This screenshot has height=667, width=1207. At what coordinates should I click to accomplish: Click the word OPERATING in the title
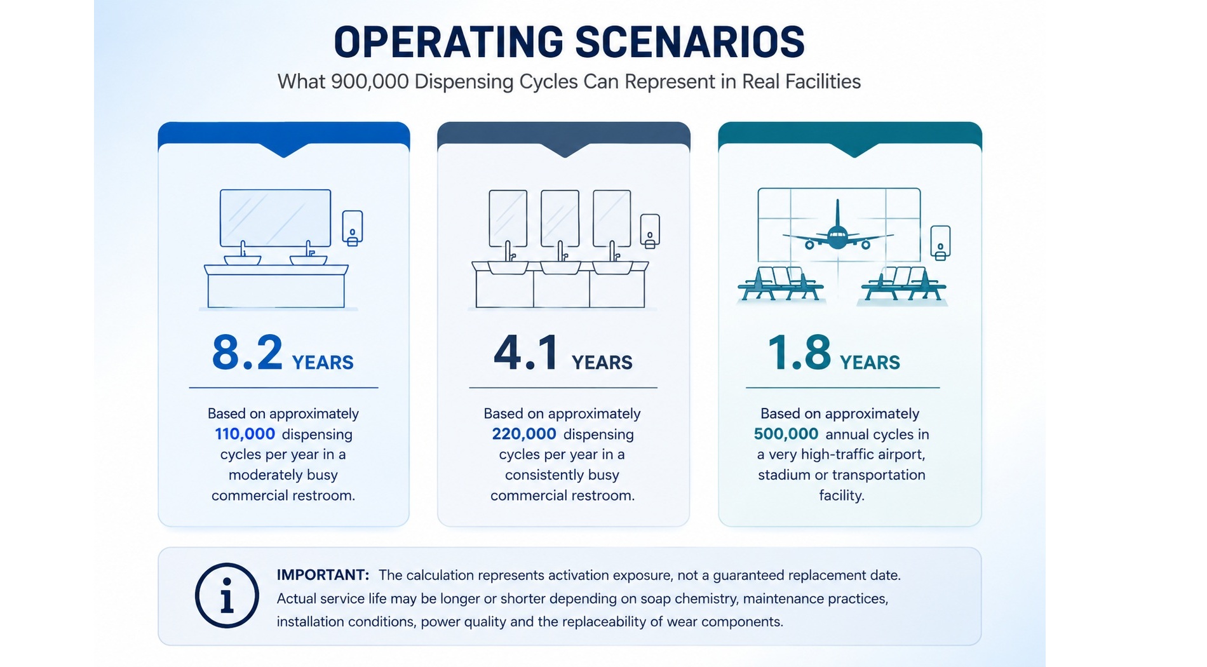[x=448, y=42]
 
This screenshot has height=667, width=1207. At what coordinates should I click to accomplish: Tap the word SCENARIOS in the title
[x=690, y=42]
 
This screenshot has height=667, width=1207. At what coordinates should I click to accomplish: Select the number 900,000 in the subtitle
[x=370, y=82]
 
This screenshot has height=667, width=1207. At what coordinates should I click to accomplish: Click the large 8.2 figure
[x=247, y=353]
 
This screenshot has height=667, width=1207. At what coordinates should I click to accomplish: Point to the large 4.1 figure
[x=526, y=353]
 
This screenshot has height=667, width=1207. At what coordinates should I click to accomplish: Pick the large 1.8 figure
[x=799, y=353]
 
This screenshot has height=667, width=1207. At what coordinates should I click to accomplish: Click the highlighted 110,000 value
[x=245, y=434]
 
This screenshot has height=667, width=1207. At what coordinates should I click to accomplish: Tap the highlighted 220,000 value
[x=524, y=434]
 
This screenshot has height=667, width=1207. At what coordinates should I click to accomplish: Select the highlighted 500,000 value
[x=786, y=434]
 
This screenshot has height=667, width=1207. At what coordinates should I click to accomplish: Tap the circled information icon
[x=227, y=596]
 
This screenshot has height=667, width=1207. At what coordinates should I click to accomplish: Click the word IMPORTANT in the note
[x=323, y=575]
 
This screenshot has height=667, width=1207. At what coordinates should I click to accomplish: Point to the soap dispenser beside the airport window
[x=940, y=243]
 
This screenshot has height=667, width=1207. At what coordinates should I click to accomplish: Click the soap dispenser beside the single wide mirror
[x=353, y=228]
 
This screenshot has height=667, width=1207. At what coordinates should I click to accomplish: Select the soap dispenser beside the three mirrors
[x=650, y=231]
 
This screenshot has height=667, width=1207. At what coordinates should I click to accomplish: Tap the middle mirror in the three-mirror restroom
[x=560, y=219]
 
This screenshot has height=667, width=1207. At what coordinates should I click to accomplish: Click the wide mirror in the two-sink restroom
[x=275, y=218]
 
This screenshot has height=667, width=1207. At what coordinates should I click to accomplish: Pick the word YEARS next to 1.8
[x=870, y=363]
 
